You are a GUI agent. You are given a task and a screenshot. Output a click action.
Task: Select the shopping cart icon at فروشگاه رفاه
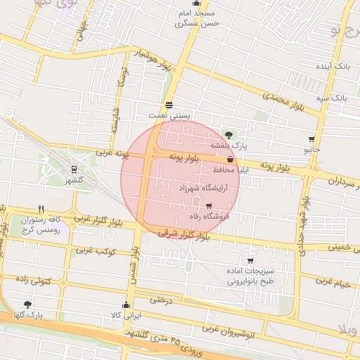[x=208, y=206]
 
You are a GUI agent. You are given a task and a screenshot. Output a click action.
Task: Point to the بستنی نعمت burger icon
[x=169, y=105]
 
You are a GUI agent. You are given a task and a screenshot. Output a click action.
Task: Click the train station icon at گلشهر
[x=73, y=169]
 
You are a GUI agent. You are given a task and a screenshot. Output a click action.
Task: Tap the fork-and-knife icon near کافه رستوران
[x=41, y=210]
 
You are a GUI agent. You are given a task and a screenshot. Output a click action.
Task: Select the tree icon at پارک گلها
[x=27, y=305]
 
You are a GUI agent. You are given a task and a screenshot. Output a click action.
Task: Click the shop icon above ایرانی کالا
[x=126, y=305]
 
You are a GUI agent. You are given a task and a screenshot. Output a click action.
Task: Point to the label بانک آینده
[x=332, y=65]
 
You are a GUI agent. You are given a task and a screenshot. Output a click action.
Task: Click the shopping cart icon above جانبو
[x=311, y=140]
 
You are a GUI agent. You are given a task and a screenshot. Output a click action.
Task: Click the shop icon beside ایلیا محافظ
[x=231, y=160]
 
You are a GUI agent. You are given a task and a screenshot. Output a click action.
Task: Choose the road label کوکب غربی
[x=96, y=250]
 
